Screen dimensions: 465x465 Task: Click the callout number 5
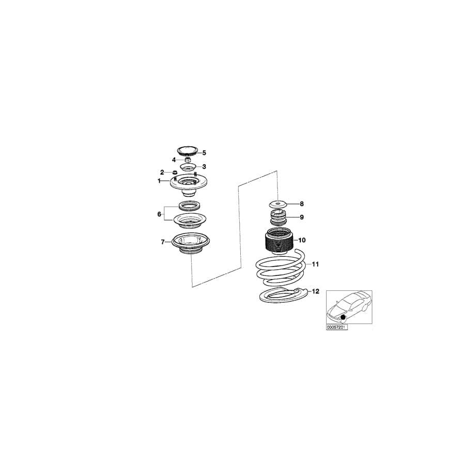[204, 153]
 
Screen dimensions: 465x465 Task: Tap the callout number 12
[316, 291]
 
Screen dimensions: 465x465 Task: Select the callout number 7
[163, 242]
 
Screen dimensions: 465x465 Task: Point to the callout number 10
[302, 240]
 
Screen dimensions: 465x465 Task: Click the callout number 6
[159, 214]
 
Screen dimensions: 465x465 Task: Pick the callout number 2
[162, 172]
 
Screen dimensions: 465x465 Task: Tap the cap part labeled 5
[188, 151]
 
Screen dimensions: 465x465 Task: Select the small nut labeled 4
[187, 160]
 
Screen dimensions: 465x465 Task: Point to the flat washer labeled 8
[278, 204]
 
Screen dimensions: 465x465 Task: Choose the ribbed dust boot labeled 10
[279, 241]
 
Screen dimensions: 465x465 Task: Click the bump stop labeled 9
[278, 218]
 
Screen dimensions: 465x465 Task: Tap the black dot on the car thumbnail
[344, 317]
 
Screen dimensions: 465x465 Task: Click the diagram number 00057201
[337, 328]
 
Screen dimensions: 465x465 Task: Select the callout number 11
[315, 264]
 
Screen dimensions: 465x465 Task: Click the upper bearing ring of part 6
[189, 205]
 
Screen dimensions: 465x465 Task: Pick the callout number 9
[302, 218]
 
